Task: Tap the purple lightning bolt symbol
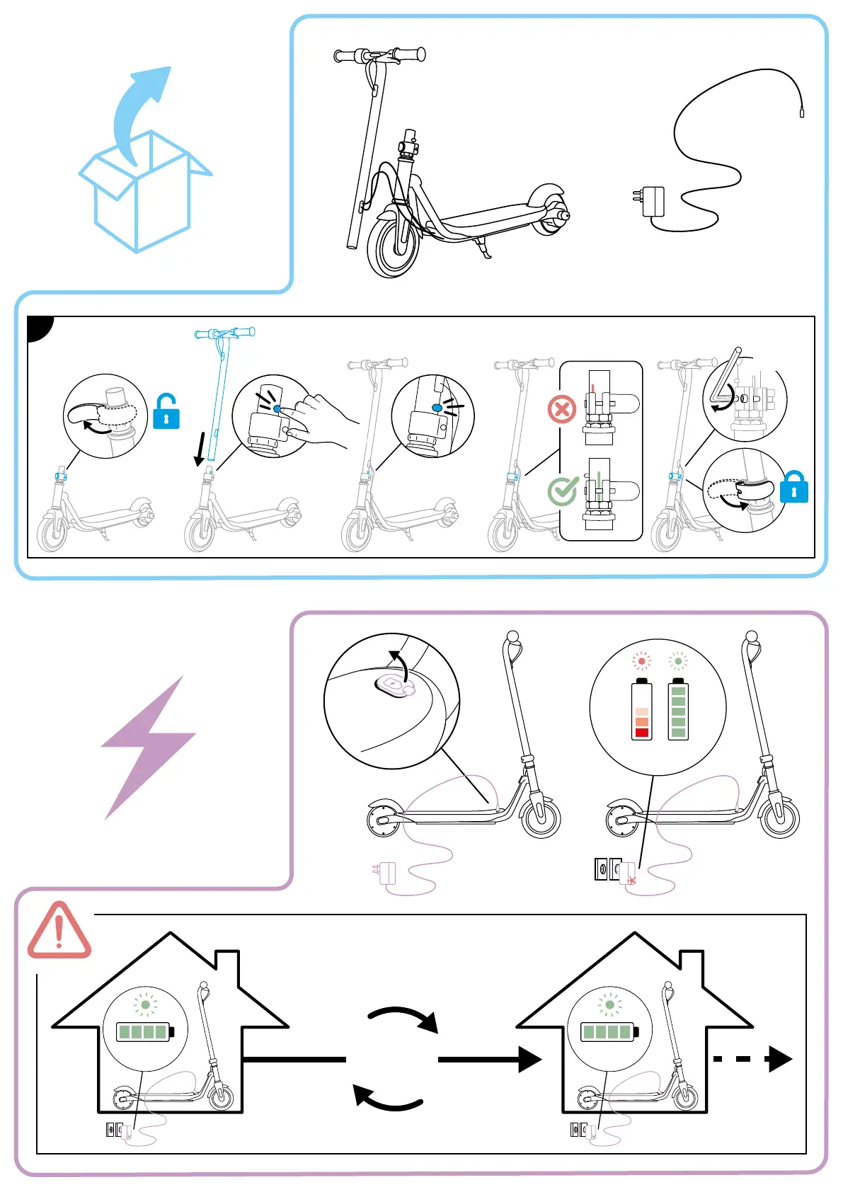tap(149, 747)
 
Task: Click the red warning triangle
tap(59, 931)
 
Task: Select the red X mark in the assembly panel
tap(562, 409)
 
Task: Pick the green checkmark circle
tap(563, 491)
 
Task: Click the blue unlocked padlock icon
tap(166, 413)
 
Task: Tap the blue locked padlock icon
tap(793, 488)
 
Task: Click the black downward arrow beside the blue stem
tap(201, 449)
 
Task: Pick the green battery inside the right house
tap(609, 1032)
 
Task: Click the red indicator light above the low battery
tap(642, 662)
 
